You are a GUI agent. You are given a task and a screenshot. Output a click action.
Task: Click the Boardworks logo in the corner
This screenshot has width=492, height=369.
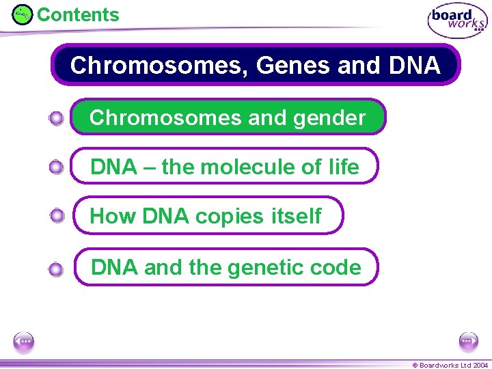tap(457, 20)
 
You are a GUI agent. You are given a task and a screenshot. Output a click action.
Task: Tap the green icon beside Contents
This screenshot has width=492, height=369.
tap(23, 14)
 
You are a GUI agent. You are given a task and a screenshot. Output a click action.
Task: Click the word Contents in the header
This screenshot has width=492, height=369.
tap(78, 14)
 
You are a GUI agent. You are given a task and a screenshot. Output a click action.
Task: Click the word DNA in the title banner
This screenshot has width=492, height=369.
tap(413, 66)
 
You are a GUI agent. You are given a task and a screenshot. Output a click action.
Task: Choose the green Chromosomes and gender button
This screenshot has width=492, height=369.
tap(228, 118)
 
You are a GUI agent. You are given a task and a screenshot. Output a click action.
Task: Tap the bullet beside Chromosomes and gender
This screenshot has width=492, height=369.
tap(57, 119)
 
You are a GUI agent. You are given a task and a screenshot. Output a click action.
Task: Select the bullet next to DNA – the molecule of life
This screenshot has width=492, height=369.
tap(57, 167)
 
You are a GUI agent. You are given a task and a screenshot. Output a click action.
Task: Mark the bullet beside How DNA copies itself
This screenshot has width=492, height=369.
tap(57, 216)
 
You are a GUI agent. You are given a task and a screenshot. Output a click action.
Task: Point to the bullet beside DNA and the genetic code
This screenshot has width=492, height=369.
tap(57, 269)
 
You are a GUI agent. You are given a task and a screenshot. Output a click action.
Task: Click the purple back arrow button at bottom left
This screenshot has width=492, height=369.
tap(24, 341)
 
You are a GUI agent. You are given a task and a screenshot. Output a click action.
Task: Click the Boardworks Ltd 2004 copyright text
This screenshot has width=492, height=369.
tap(450, 365)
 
